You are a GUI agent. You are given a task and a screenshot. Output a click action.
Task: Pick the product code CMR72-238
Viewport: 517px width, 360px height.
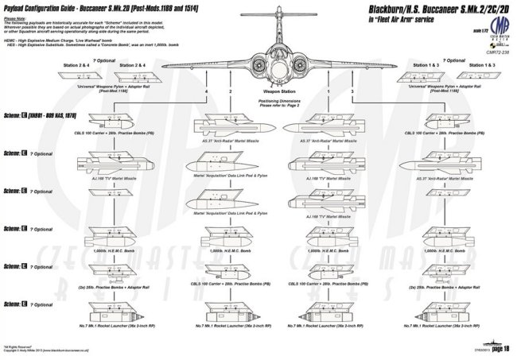(x=491, y=48)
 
